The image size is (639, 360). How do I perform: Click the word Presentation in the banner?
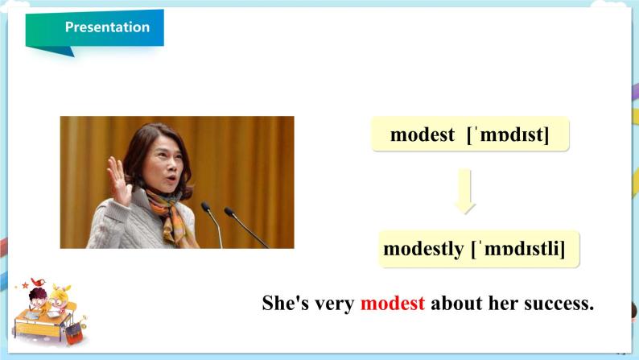pos(107,27)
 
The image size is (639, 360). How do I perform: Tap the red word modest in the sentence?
pos(393,304)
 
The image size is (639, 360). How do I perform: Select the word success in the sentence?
pos(559,304)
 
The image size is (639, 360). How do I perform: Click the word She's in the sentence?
pos(285,304)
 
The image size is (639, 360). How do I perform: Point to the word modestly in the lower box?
pos(424,249)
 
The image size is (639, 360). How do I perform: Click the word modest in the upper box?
pos(423,134)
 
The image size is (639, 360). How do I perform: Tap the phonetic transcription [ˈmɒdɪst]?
pos(508,134)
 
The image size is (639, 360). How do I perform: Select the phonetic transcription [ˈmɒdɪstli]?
pos(518,249)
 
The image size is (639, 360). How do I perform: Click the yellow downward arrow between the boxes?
pos(464,191)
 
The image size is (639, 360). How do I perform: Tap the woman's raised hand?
pos(118,180)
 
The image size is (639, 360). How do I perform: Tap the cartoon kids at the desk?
pos(49,312)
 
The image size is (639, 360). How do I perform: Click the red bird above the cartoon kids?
pos(39,282)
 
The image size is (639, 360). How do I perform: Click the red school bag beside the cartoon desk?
pos(74,333)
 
